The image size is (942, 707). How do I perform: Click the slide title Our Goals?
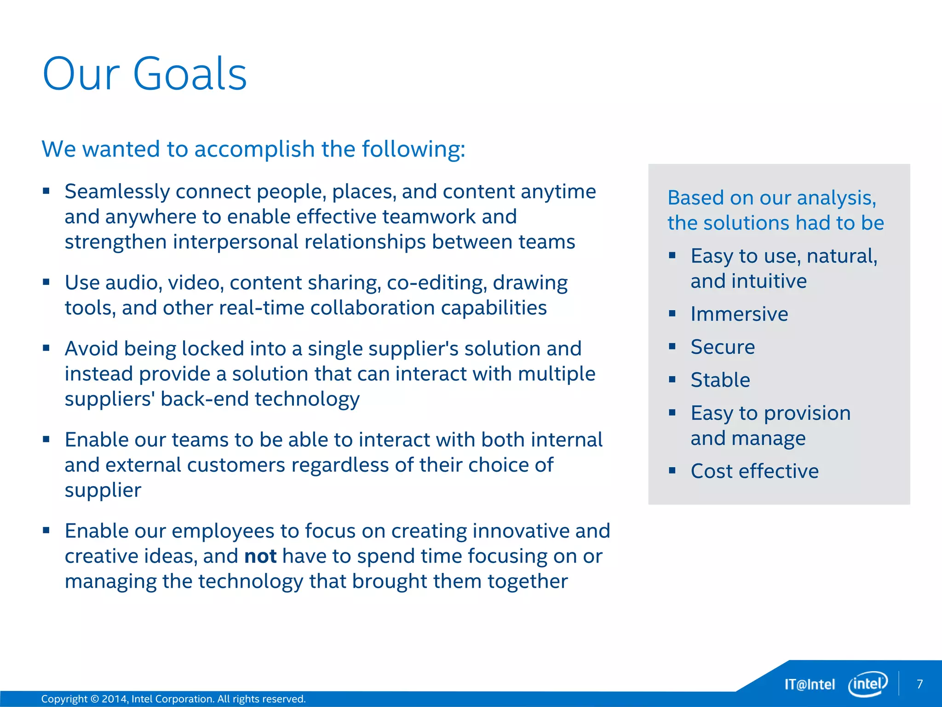pos(144,74)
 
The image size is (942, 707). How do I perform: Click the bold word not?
pos(260,556)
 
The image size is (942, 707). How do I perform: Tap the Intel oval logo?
pos(867,684)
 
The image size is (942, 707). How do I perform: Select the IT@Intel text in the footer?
pos(810,684)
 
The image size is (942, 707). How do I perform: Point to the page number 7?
pos(919,684)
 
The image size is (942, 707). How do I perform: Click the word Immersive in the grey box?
pos(739,314)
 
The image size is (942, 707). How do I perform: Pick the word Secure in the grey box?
pos(723,347)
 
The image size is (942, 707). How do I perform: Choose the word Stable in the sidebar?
pos(720,380)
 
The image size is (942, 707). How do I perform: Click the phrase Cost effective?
pos(754,471)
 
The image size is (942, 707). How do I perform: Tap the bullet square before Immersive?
pos(672,314)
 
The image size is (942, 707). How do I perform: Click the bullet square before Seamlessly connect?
pos(46,191)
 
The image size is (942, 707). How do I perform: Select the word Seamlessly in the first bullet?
pos(117,191)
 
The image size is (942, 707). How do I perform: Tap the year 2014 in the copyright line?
pos(114,699)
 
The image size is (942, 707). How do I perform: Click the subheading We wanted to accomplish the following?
pos(253,149)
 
